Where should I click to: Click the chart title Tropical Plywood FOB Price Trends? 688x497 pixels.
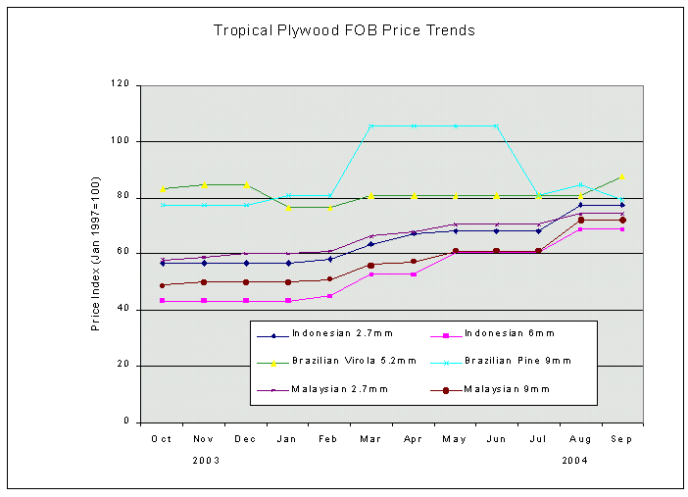pyautogui.click(x=344, y=30)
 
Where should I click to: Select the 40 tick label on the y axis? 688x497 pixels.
pyautogui.click(x=124, y=310)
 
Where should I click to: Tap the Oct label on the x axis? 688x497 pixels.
pyautogui.click(x=162, y=439)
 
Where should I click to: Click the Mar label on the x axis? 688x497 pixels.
pyautogui.click(x=371, y=439)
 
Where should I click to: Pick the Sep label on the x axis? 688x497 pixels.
pyautogui.click(x=622, y=439)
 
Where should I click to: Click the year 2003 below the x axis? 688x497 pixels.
pyautogui.click(x=205, y=459)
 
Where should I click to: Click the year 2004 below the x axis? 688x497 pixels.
pyautogui.click(x=575, y=459)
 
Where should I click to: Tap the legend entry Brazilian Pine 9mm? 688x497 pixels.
pyautogui.click(x=516, y=361)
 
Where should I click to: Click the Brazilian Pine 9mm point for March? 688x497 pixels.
pyautogui.click(x=371, y=125)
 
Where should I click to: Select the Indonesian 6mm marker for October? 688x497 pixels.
pyautogui.click(x=162, y=301)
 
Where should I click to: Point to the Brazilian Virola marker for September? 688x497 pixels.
pyautogui.click(x=622, y=177)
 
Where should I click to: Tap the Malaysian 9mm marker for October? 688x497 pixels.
pyautogui.click(x=162, y=285)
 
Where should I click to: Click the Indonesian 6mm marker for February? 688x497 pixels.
pyautogui.click(x=329, y=295)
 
